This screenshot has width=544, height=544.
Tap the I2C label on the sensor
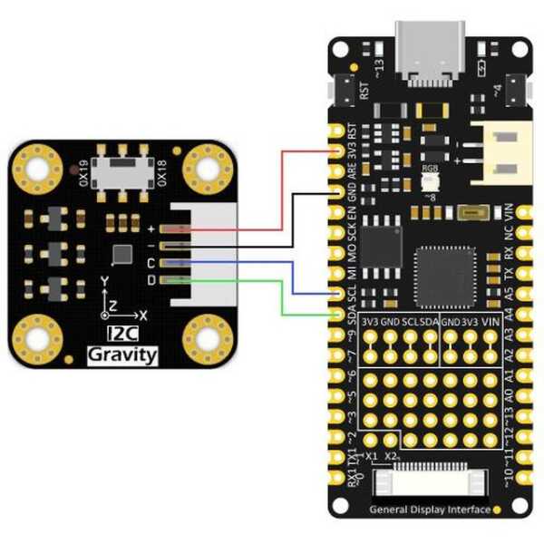pyautogui.click(x=121, y=335)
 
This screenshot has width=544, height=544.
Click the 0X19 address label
pyautogui.click(x=82, y=170)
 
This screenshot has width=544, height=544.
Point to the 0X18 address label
pyautogui.click(x=161, y=170)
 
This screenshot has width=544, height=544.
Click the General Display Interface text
pyautogui.click(x=430, y=510)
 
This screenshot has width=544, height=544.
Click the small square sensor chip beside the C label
pyautogui.click(x=121, y=255)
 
